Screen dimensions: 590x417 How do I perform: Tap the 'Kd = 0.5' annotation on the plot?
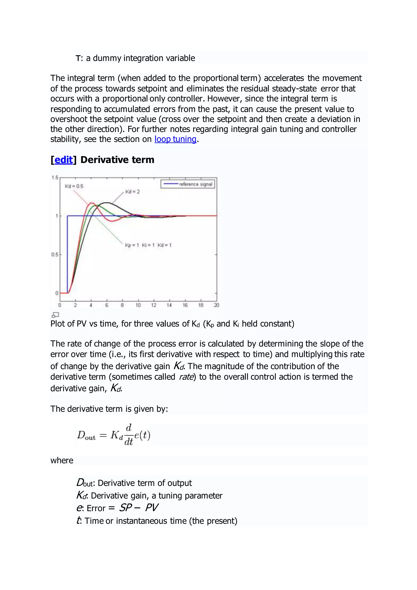click(x=74, y=186)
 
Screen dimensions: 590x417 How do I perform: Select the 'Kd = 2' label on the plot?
click(x=133, y=192)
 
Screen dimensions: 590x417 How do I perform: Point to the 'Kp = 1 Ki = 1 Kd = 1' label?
click(x=148, y=245)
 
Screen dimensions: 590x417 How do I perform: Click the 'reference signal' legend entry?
click(x=195, y=184)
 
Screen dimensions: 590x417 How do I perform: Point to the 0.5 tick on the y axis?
click(x=55, y=254)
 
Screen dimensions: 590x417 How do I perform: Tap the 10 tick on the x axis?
click(x=138, y=305)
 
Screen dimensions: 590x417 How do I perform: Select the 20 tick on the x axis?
click(x=216, y=305)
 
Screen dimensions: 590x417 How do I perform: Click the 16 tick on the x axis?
click(x=185, y=305)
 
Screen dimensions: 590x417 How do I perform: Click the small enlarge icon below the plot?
click(x=55, y=315)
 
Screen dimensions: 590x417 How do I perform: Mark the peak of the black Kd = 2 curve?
click(x=107, y=203)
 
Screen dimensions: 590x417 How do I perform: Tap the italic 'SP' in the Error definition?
click(x=126, y=508)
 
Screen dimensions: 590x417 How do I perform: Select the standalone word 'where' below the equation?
click(x=62, y=460)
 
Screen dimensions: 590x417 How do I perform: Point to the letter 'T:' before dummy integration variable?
click(x=79, y=58)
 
